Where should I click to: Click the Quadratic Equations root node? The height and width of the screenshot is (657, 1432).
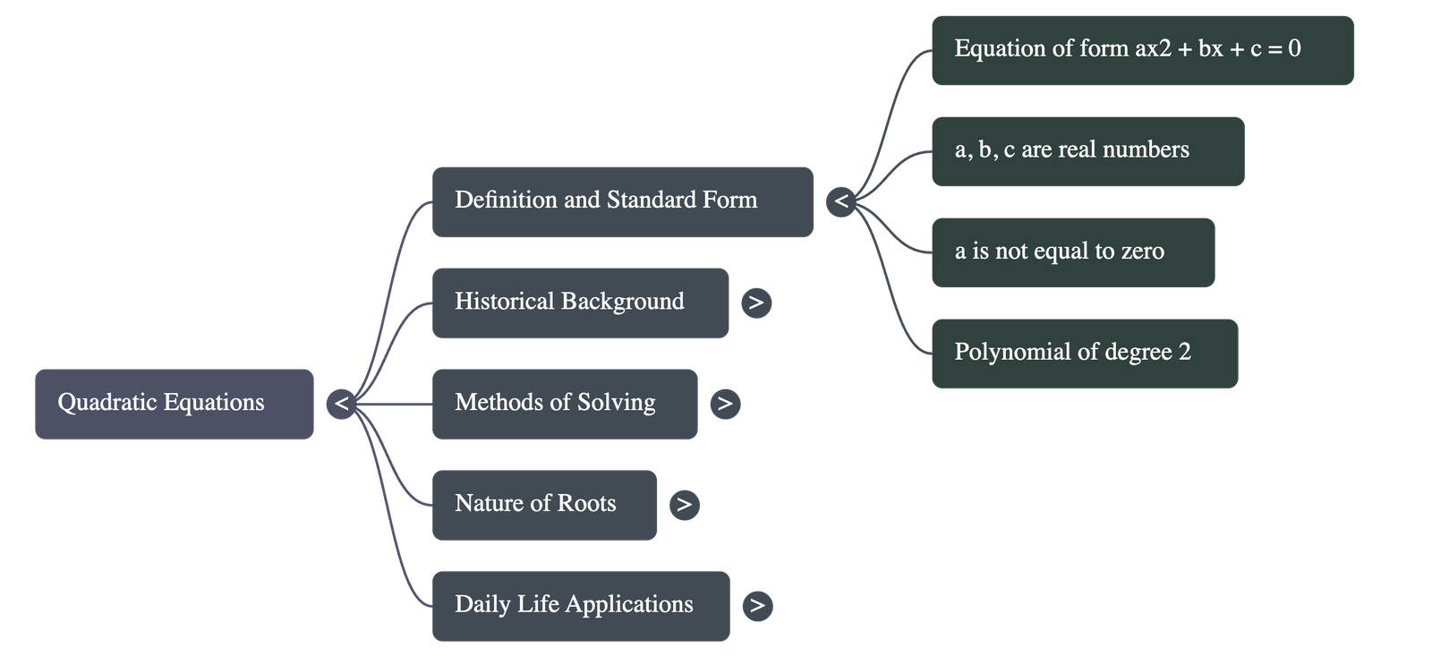click(x=175, y=404)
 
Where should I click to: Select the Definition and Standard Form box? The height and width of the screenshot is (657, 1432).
click(x=622, y=201)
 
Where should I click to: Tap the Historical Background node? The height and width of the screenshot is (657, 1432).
click(x=580, y=303)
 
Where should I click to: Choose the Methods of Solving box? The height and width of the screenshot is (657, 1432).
click(x=564, y=404)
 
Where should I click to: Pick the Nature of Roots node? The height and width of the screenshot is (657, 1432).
click(x=544, y=505)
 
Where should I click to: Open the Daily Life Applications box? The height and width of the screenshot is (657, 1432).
click(x=580, y=606)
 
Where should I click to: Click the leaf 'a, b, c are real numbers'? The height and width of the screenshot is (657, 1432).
click(x=1087, y=151)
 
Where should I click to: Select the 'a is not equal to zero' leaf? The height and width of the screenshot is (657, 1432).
click(x=1073, y=252)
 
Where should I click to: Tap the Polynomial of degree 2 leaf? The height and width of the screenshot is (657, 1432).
click(x=1085, y=353)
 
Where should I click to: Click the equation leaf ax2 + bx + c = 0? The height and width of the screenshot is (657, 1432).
click(x=1142, y=50)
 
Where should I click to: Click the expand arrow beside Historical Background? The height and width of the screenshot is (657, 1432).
click(x=756, y=303)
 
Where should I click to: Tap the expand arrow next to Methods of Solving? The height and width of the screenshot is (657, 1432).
click(x=725, y=404)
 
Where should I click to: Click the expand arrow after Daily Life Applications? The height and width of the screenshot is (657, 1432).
click(x=757, y=606)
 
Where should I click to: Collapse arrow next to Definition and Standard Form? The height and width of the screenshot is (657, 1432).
click(x=841, y=201)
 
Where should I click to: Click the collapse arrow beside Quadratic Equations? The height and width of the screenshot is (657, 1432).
click(x=341, y=404)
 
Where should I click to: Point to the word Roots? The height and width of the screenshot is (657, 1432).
click(x=586, y=504)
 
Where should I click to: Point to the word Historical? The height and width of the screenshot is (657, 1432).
click(x=504, y=302)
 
